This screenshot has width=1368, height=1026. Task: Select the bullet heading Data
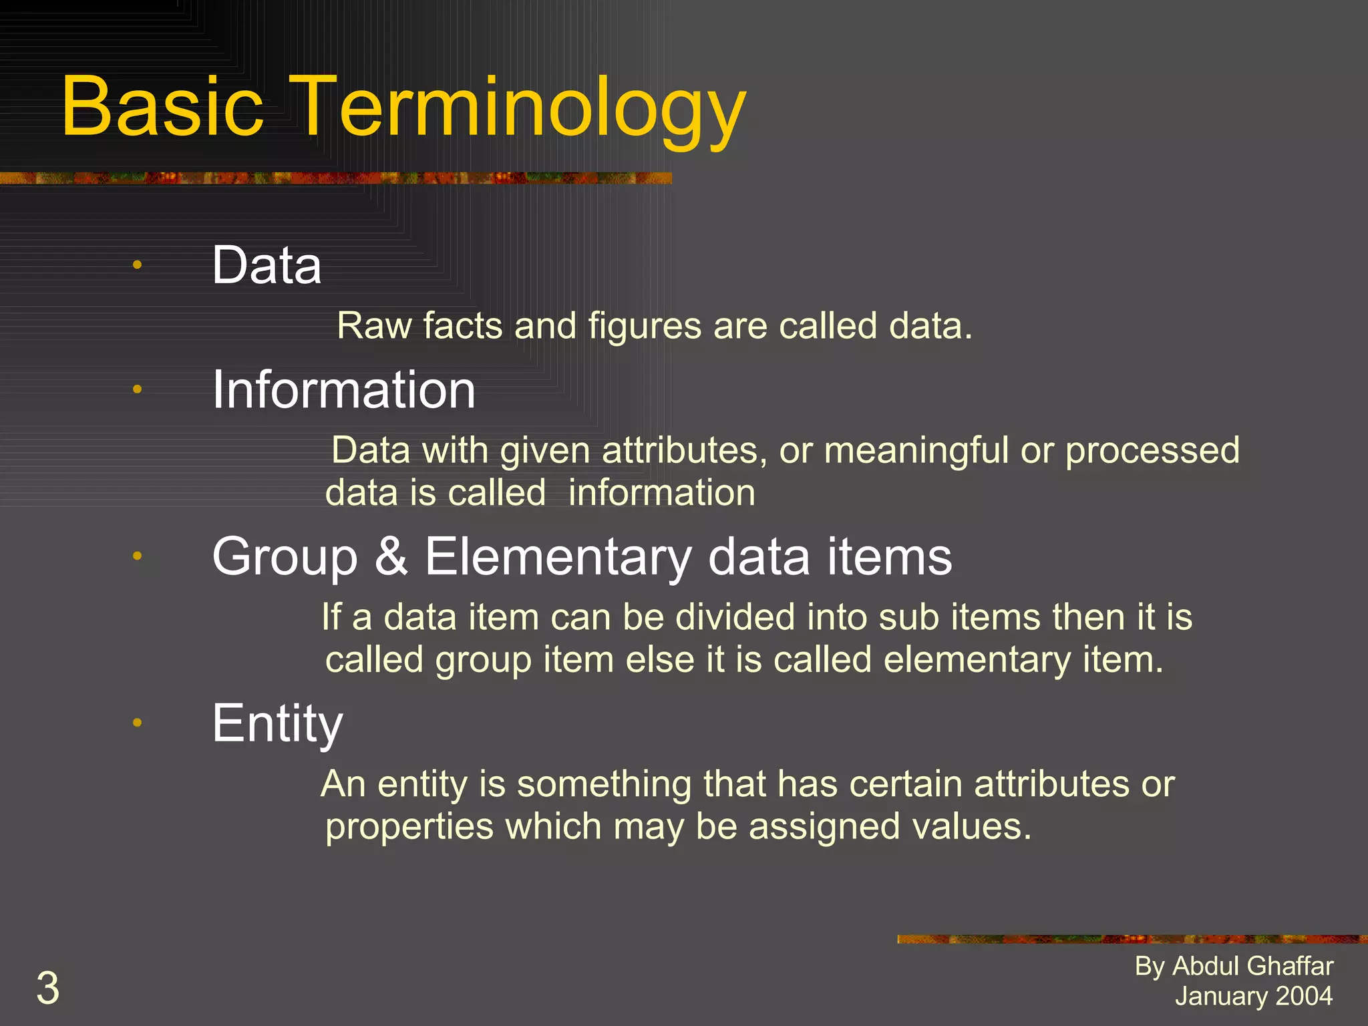(x=267, y=265)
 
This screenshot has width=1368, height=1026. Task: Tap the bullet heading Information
(x=343, y=390)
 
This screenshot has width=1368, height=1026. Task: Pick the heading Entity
(x=277, y=723)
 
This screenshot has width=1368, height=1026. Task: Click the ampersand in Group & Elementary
(x=391, y=556)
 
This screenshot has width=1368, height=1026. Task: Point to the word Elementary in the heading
(x=558, y=558)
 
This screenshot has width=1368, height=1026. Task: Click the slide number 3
(x=47, y=989)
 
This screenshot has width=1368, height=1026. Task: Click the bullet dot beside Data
(x=137, y=265)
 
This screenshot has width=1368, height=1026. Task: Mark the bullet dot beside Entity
(x=137, y=722)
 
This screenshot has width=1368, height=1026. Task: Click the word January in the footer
(x=1210, y=996)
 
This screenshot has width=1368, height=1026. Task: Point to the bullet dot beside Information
(x=137, y=389)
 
